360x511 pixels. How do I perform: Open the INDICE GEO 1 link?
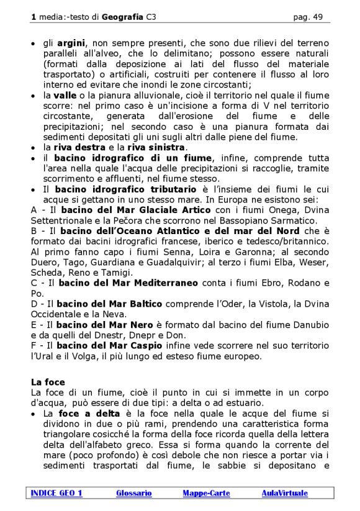click(56, 493)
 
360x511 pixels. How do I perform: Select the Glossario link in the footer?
click(133, 493)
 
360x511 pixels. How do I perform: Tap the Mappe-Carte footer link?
click(206, 493)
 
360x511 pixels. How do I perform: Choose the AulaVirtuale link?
click(284, 493)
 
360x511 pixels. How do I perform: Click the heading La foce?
click(48, 382)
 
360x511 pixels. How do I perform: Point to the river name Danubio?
click(309, 325)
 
